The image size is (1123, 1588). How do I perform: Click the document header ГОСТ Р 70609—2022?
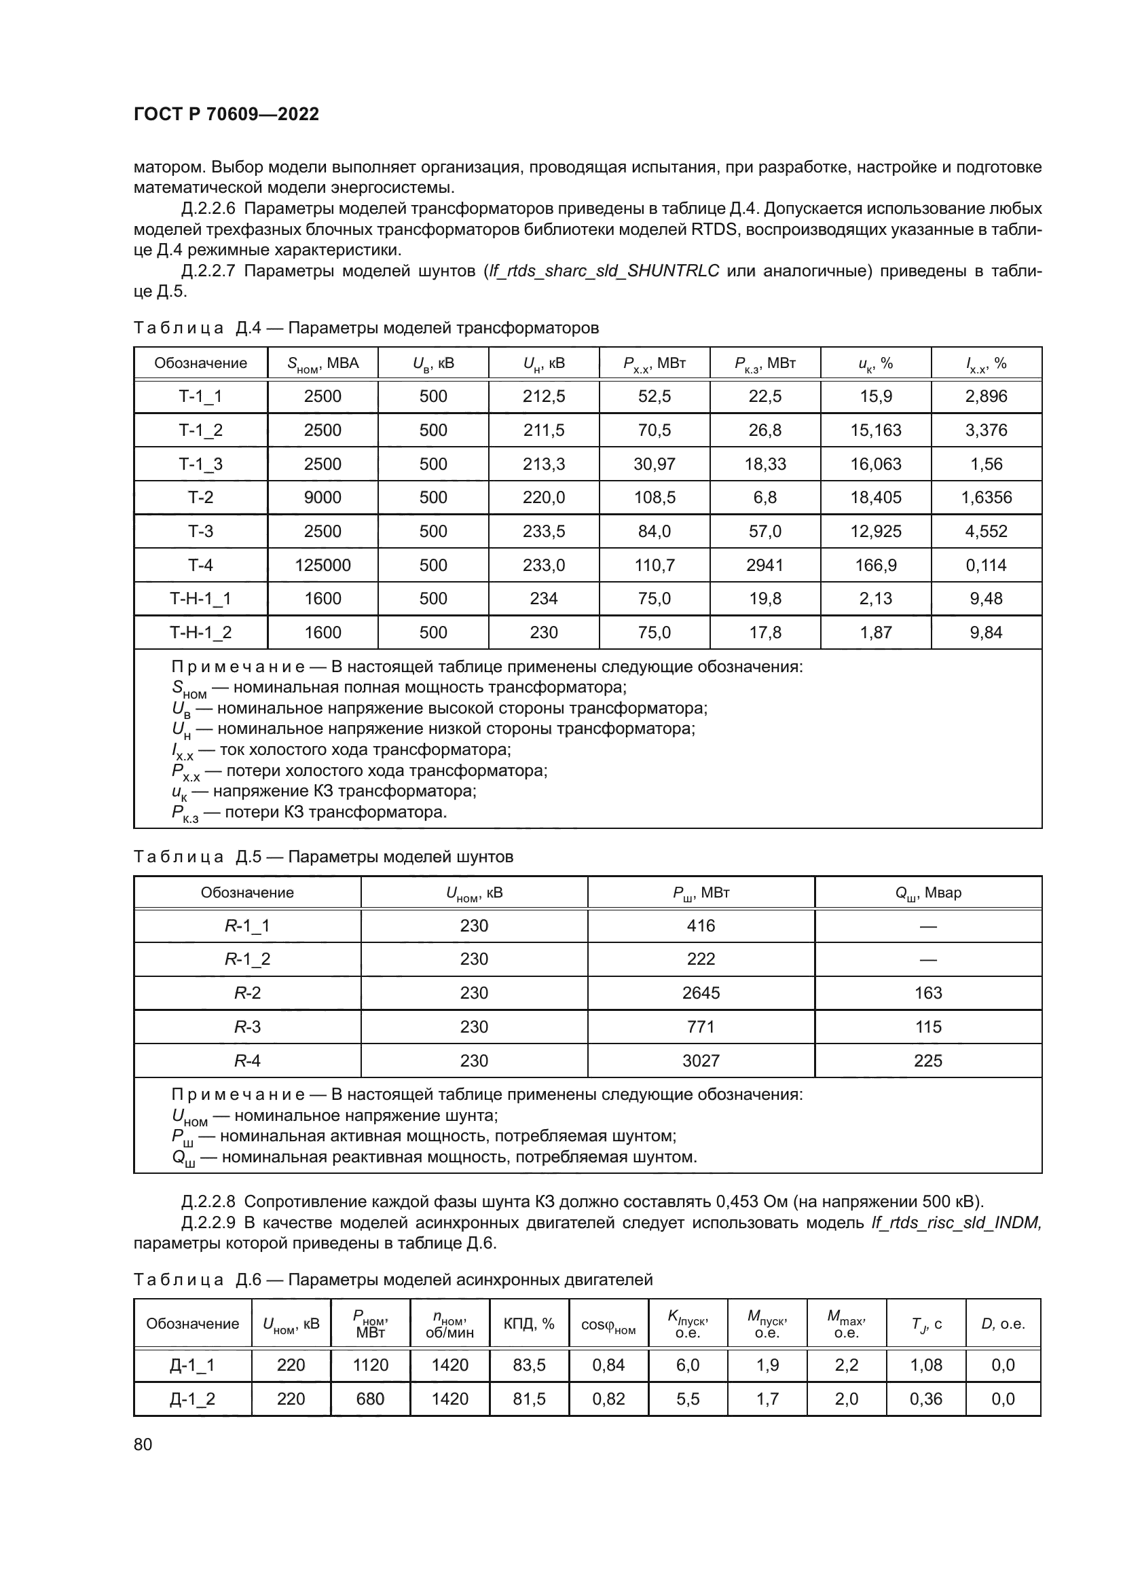point(226,115)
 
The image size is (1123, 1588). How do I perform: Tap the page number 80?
point(143,1444)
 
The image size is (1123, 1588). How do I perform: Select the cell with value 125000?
point(323,565)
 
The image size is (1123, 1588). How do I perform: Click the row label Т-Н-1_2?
point(200,632)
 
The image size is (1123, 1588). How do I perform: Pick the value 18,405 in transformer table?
point(875,497)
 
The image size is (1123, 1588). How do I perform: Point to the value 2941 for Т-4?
point(765,565)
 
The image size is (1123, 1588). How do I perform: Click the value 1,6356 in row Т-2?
point(986,497)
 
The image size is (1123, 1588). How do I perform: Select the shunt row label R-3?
point(247,1027)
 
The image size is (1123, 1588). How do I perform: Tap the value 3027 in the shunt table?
point(701,1060)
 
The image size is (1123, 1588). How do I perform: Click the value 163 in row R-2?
point(928,993)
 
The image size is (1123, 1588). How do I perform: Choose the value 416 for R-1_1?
point(701,925)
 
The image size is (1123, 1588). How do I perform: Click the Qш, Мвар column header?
point(928,893)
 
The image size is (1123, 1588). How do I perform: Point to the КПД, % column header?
point(529,1323)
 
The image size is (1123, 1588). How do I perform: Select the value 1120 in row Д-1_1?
point(370,1365)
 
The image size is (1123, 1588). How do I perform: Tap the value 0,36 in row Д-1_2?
point(926,1399)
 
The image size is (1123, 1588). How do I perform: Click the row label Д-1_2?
point(192,1399)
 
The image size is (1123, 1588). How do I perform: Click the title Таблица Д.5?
point(323,857)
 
